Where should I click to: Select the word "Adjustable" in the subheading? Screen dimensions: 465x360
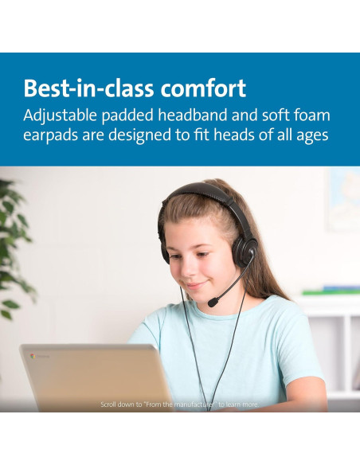coord(65,115)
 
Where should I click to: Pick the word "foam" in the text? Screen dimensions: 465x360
coord(310,115)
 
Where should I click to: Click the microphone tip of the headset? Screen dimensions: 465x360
coord(214,303)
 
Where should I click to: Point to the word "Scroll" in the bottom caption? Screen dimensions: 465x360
coord(110,404)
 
